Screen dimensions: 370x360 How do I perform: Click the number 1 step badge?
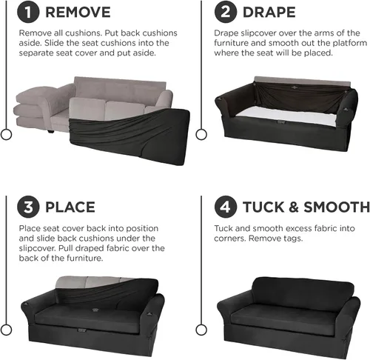point(28,12)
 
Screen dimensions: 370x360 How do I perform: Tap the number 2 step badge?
point(226,12)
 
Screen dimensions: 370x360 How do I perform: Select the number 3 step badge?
point(28,207)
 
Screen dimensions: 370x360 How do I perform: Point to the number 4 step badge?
point(226,207)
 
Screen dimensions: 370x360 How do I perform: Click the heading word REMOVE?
point(78,13)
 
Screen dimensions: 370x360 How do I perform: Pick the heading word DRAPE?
point(269,13)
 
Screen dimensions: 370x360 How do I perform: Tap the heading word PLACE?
point(70,207)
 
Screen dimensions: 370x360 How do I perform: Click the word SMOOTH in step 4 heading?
point(337,207)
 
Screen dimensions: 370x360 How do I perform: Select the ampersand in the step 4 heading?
point(294,207)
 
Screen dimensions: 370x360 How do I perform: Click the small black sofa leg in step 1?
point(50,131)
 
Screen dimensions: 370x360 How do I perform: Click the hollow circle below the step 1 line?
point(6,135)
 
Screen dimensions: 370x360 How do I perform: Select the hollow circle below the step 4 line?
point(201,330)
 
